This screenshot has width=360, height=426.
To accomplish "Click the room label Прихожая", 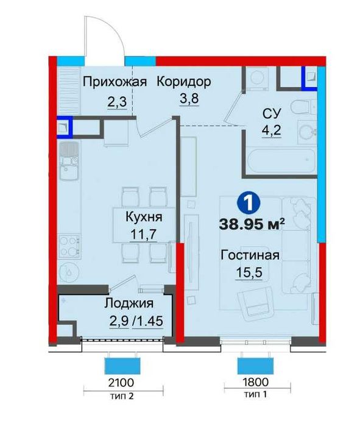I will pos(115,82).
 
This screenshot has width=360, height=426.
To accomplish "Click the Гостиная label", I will pos(250,255).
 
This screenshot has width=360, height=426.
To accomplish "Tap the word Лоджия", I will pos(127,303).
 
